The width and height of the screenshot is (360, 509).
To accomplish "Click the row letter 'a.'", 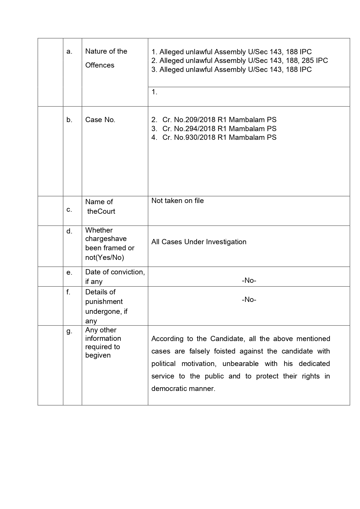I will click(69, 52).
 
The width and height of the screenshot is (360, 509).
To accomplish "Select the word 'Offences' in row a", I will click(100, 65).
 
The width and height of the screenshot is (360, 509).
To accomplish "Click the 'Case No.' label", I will click(100, 120).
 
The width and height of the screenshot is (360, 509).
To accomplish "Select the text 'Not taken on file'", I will click(178, 201).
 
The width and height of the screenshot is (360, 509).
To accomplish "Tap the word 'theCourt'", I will click(101, 211).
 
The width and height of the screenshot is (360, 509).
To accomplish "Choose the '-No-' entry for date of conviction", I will click(249, 280).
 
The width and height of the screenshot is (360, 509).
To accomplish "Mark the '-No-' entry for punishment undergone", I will click(249, 300).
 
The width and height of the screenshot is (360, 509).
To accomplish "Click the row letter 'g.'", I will click(69, 331).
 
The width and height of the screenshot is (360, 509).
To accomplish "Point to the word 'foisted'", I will click(225, 351).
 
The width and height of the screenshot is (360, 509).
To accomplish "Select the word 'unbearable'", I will click(240, 364).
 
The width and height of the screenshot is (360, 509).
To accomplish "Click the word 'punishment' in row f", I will click(104, 302).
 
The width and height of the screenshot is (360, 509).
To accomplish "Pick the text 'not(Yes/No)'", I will click(104, 258).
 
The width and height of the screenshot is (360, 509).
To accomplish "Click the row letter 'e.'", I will click(69, 272).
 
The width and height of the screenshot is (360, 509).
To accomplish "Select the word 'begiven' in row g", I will click(98, 355).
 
